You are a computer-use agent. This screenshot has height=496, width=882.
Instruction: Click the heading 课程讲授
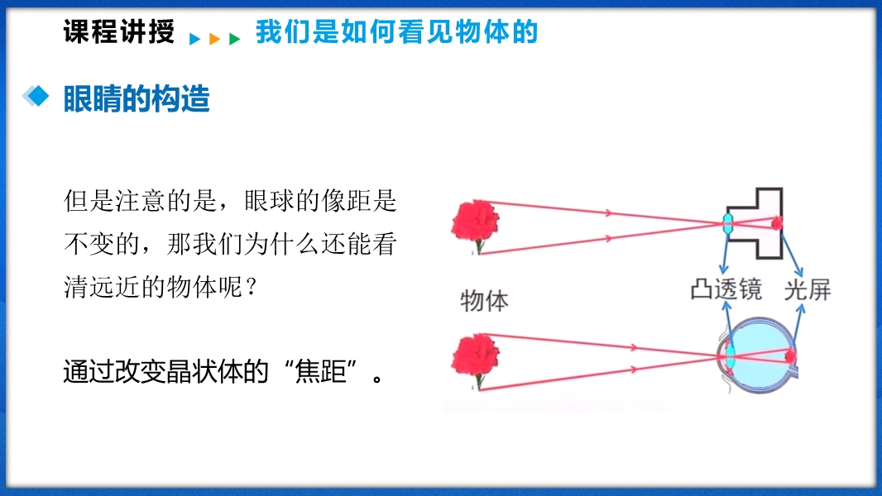click(118, 31)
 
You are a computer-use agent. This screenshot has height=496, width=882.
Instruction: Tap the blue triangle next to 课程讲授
click(194, 39)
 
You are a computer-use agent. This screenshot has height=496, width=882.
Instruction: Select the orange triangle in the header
click(214, 39)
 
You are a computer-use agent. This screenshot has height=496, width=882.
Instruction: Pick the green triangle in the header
click(234, 39)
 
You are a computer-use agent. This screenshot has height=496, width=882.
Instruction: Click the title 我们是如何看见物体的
click(396, 31)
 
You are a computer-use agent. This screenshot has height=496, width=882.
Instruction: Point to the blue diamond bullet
click(36, 96)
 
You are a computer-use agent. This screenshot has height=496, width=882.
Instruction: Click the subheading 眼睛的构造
click(137, 99)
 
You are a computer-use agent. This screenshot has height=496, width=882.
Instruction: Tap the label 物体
click(484, 301)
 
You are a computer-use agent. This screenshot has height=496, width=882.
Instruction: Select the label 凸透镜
click(726, 290)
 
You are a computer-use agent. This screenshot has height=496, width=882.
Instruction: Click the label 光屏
click(808, 290)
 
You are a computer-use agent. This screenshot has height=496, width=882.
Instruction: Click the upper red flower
click(476, 226)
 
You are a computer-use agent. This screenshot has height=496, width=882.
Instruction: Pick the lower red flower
click(476, 360)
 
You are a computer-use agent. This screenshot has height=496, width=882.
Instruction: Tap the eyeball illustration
click(758, 355)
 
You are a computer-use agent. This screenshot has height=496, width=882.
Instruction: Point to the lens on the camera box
click(728, 224)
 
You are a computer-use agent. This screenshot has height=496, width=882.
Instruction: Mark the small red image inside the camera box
click(776, 223)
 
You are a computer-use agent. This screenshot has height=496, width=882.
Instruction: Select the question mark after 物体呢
click(252, 288)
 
